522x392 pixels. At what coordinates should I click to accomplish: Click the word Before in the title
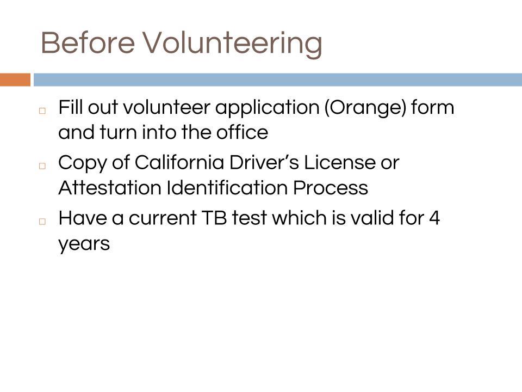pos(88,42)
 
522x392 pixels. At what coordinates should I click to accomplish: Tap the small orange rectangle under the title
pos(15,79)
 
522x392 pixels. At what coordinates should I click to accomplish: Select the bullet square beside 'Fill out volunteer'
pos(42,111)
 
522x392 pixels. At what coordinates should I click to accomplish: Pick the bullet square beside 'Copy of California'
pos(42,166)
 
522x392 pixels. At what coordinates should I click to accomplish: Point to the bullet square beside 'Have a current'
pos(42,221)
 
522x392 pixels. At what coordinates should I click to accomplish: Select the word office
pos(242,132)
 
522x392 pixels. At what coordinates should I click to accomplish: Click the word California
pos(179,163)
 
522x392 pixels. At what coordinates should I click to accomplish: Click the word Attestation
pos(110,187)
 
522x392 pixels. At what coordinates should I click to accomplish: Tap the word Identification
pos(227,187)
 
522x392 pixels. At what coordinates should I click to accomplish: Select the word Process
pos(331,188)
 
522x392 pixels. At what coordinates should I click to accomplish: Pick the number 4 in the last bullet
pos(434,218)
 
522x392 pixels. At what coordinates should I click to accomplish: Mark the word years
pos(84,244)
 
